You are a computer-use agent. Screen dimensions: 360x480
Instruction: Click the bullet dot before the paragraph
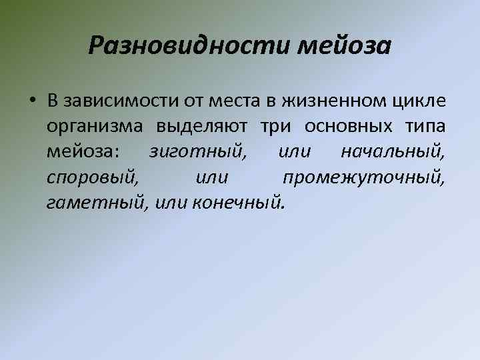pyautogui.click(x=31, y=101)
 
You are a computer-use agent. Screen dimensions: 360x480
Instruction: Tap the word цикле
pyautogui.click(x=419, y=101)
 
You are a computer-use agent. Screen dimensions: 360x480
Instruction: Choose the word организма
pyautogui.click(x=94, y=127)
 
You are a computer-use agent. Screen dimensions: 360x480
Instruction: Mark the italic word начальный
pyautogui.click(x=393, y=153)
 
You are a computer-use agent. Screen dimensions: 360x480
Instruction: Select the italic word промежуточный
pyautogui.click(x=363, y=178)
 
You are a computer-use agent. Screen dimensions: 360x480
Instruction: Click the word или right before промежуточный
pyautogui.click(x=213, y=178)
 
